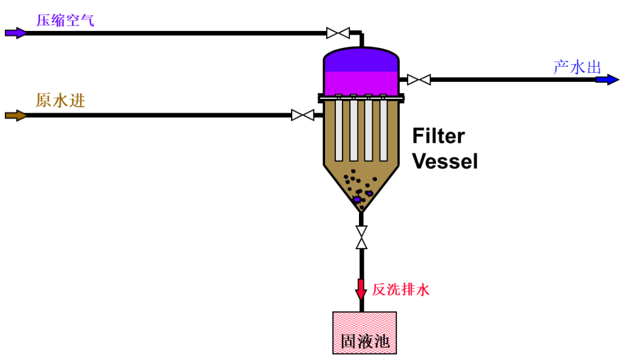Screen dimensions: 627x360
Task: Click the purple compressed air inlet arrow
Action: (16, 33)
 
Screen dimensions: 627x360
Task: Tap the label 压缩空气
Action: (65, 21)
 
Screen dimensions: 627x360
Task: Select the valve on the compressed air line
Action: (338, 33)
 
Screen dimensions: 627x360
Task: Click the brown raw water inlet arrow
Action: (16, 116)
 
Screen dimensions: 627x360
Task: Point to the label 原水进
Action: (61, 100)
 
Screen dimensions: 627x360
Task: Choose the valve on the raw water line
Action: (303, 115)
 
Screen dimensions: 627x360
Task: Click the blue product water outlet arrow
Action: (608, 79)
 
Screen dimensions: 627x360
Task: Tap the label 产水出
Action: (577, 67)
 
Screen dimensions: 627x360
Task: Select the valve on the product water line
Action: (419, 79)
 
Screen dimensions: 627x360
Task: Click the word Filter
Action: (438, 136)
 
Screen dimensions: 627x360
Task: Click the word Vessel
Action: (445, 161)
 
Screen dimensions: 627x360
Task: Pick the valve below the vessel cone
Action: (361, 238)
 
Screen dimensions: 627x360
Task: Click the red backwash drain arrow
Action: (361, 289)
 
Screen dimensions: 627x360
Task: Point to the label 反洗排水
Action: (401, 290)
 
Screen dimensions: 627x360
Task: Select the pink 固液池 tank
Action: (364, 333)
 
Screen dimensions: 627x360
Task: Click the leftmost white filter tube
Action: (339, 130)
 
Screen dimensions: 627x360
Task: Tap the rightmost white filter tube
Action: (383, 130)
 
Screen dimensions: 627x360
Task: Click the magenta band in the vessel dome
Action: (361, 84)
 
